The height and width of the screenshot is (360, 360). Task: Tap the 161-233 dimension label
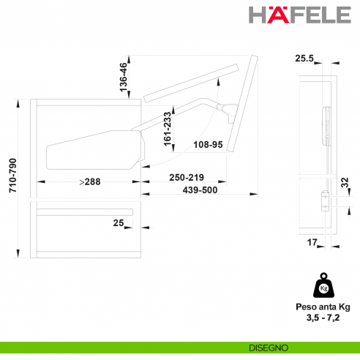coord(167,130)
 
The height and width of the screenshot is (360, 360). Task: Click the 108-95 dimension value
coord(209,145)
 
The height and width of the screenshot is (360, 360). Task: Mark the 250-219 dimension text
coord(187,178)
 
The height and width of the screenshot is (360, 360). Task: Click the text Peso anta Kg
coord(323,307)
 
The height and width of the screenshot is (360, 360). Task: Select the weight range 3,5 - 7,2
coord(323,318)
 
